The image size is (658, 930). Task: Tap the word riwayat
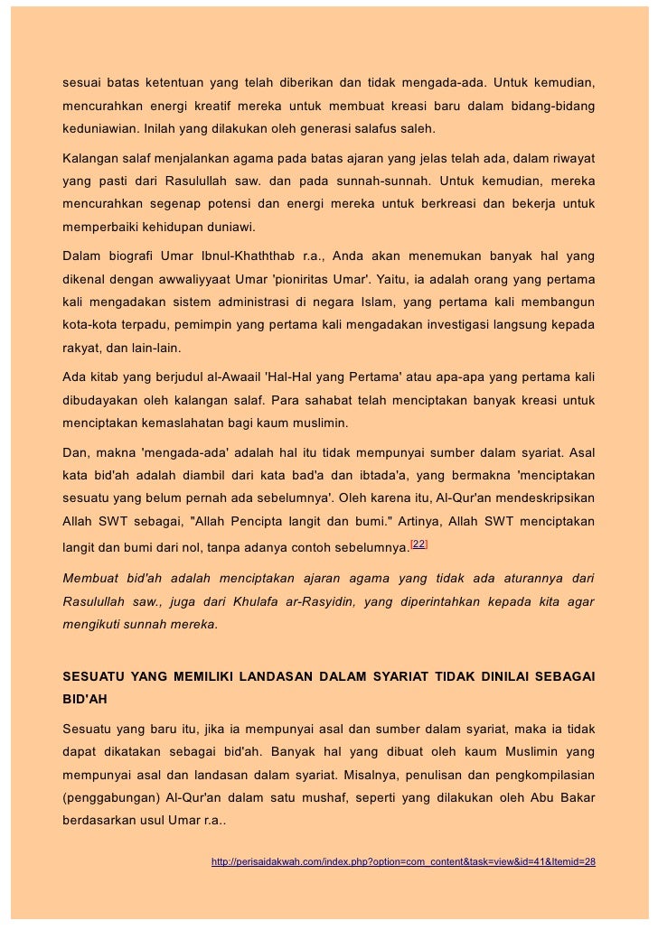(570, 158)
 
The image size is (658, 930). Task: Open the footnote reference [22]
(419, 542)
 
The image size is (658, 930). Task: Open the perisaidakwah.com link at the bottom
(403, 862)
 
